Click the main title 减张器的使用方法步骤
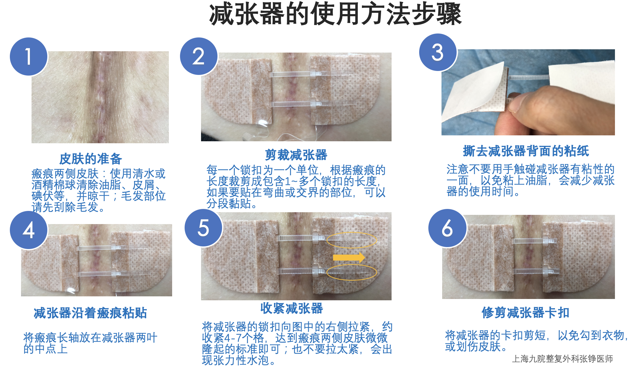[x=335, y=14]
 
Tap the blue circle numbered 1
[x=29, y=57]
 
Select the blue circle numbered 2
[x=199, y=57]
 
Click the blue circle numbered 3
[x=438, y=53]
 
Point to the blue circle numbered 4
[x=29, y=230]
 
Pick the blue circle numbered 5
[x=203, y=228]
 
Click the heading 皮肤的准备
[x=90, y=159]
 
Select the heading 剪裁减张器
[x=296, y=155]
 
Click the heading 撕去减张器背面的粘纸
[x=526, y=151]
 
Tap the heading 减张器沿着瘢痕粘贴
[x=90, y=313]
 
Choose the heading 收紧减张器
[x=292, y=309]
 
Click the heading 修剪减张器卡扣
[x=525, y=313]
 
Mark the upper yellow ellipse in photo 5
[x=351, y=240]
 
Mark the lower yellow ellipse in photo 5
[x=351, y=272]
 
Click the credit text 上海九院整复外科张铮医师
[x=562, y=359]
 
